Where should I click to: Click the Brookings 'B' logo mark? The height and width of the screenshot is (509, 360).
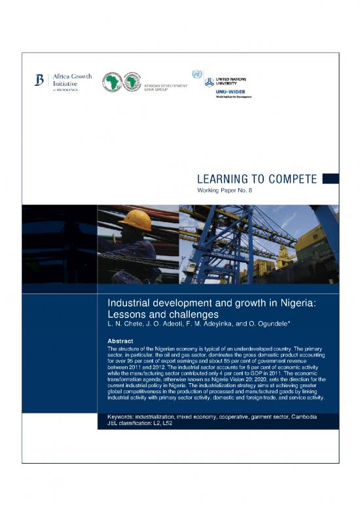pyautogui.click(x=39, y=81)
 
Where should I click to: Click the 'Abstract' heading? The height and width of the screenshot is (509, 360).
pyautogui.click(x=123, y=340)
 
